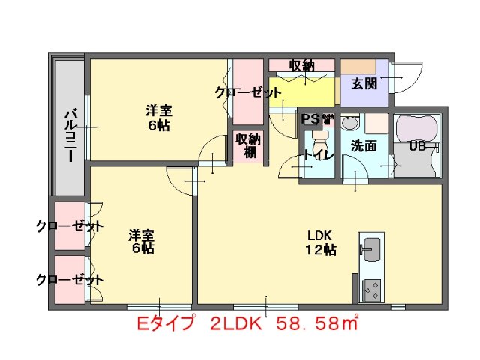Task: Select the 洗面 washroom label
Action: (364, 146)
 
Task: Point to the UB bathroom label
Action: (418, 146)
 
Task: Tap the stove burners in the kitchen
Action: (370, 286)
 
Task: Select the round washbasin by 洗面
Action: (350, 122)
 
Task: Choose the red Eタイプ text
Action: (166, 324)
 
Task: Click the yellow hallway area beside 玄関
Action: (304, 91)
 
